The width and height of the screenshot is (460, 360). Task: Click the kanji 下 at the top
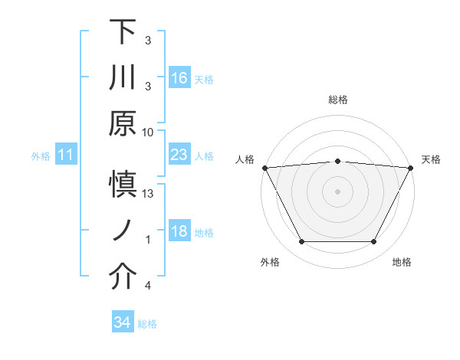coord(123,33)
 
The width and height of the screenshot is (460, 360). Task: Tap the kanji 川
coord(123,78)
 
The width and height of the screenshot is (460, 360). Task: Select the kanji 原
coord(123,123)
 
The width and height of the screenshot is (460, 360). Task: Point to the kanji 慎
coord(123,185)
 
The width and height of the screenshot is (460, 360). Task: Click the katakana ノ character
coord(123,231)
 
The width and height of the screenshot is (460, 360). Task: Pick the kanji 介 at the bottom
coord(123,277)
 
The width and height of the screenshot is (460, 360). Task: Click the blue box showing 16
coord(179,77)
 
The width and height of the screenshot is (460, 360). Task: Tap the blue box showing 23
coord(179,155)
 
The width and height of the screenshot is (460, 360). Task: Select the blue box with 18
coord(179,231)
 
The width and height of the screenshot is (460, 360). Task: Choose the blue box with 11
coord(66,155)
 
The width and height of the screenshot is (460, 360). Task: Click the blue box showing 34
coord(122,322)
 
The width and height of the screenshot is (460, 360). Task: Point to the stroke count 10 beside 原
coord(148,132)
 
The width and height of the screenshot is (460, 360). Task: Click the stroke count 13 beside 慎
coord(148,194)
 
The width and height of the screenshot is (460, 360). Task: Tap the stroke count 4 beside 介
coord(148,286)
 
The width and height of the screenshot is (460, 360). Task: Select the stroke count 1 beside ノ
coord(148,240)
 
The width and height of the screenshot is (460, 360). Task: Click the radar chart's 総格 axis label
coord(337,100)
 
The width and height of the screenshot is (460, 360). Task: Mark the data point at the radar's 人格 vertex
coord(264,167)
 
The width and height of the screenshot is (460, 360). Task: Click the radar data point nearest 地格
coord(374,242)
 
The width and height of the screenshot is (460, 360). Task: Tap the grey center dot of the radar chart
coord(337,191)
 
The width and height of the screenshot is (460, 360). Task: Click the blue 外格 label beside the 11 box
coord(41,156)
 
